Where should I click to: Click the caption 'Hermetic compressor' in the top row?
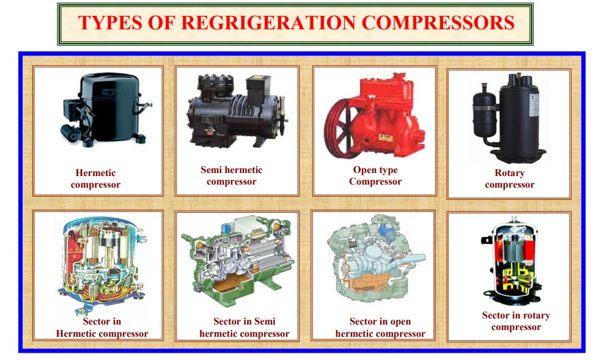tap(95, 178)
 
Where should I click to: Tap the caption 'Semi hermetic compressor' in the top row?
tap(231, 175)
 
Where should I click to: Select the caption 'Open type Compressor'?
tap(375, 175)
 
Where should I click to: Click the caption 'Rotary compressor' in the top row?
tap(509, 178)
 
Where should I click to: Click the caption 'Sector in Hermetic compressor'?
tap(101, 328)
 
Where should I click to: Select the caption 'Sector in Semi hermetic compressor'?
tap(244, 328)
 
